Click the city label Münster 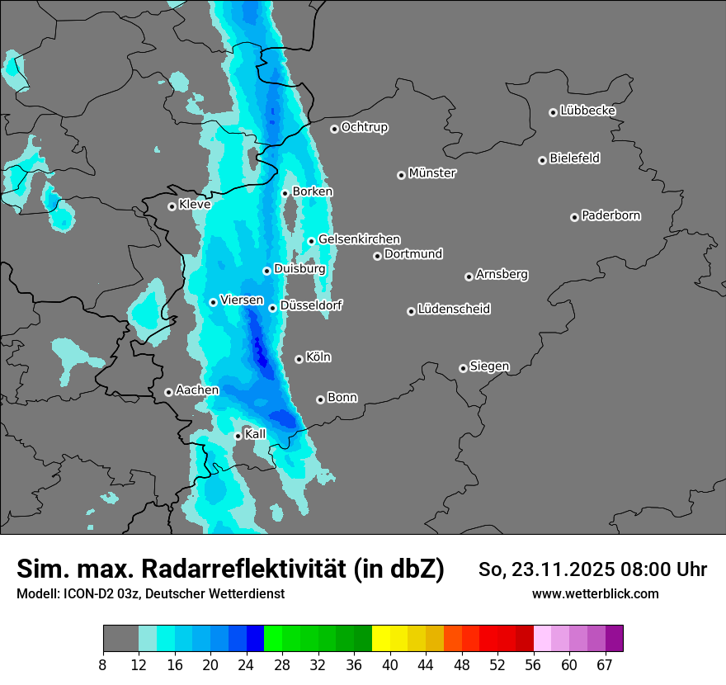tap(432, 173)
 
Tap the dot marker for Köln tap(299, 359)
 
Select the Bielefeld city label tap(574, 158)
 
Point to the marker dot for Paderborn tap(574, 217)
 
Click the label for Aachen tap(197, 390)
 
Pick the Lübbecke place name tap(587, 111)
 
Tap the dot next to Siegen tap(463, 368)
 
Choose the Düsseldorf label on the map tap(311, 305)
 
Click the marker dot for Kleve tap(172, 206)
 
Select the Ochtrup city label tap(364, 127)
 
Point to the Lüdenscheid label tap(454, 309)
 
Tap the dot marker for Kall tap(238, 436)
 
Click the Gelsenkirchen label tap(359, 239)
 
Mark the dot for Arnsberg tap(469, 276)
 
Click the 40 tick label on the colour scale tap(390, 665)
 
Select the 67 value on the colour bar tap(605, 665)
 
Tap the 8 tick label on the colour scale tap(103, 665)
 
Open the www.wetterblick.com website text tap(595, 593)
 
